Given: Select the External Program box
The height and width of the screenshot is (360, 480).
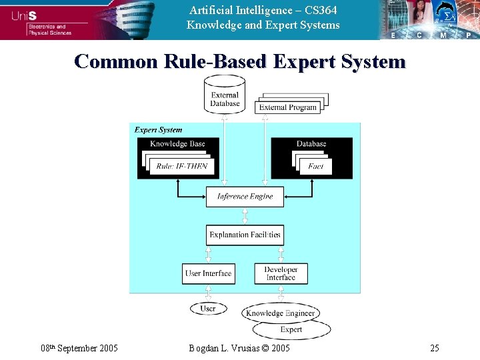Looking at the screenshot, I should [287, 107].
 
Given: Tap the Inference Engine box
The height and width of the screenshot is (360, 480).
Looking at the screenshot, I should [245, 197].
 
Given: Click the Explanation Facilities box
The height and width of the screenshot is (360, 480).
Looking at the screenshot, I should [245, 235].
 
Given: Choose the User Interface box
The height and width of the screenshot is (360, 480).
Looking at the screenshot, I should [208, 273].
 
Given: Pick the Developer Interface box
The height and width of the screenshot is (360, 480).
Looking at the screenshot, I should [281, 273].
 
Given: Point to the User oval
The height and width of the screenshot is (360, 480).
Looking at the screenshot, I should [208, 309].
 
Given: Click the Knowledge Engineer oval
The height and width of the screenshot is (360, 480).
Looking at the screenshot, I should [280, 313].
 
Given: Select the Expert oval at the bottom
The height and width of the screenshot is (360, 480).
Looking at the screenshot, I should [291, 329].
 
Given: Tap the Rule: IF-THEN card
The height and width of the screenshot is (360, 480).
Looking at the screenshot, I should [182, 167].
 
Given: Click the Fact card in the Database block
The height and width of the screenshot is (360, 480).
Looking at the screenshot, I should [316, 167].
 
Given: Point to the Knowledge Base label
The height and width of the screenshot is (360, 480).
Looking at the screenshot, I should [177, 144].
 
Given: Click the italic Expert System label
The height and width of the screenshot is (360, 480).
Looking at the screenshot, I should [158, 130].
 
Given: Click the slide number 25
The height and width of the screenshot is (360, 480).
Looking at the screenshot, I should [434, 348].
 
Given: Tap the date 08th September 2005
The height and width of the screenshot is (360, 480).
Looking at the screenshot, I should [79, 348].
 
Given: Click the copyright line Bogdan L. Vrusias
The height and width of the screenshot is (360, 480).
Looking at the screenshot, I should [239, 348].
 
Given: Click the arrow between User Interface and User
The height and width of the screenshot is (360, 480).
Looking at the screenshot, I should [208, 293].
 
